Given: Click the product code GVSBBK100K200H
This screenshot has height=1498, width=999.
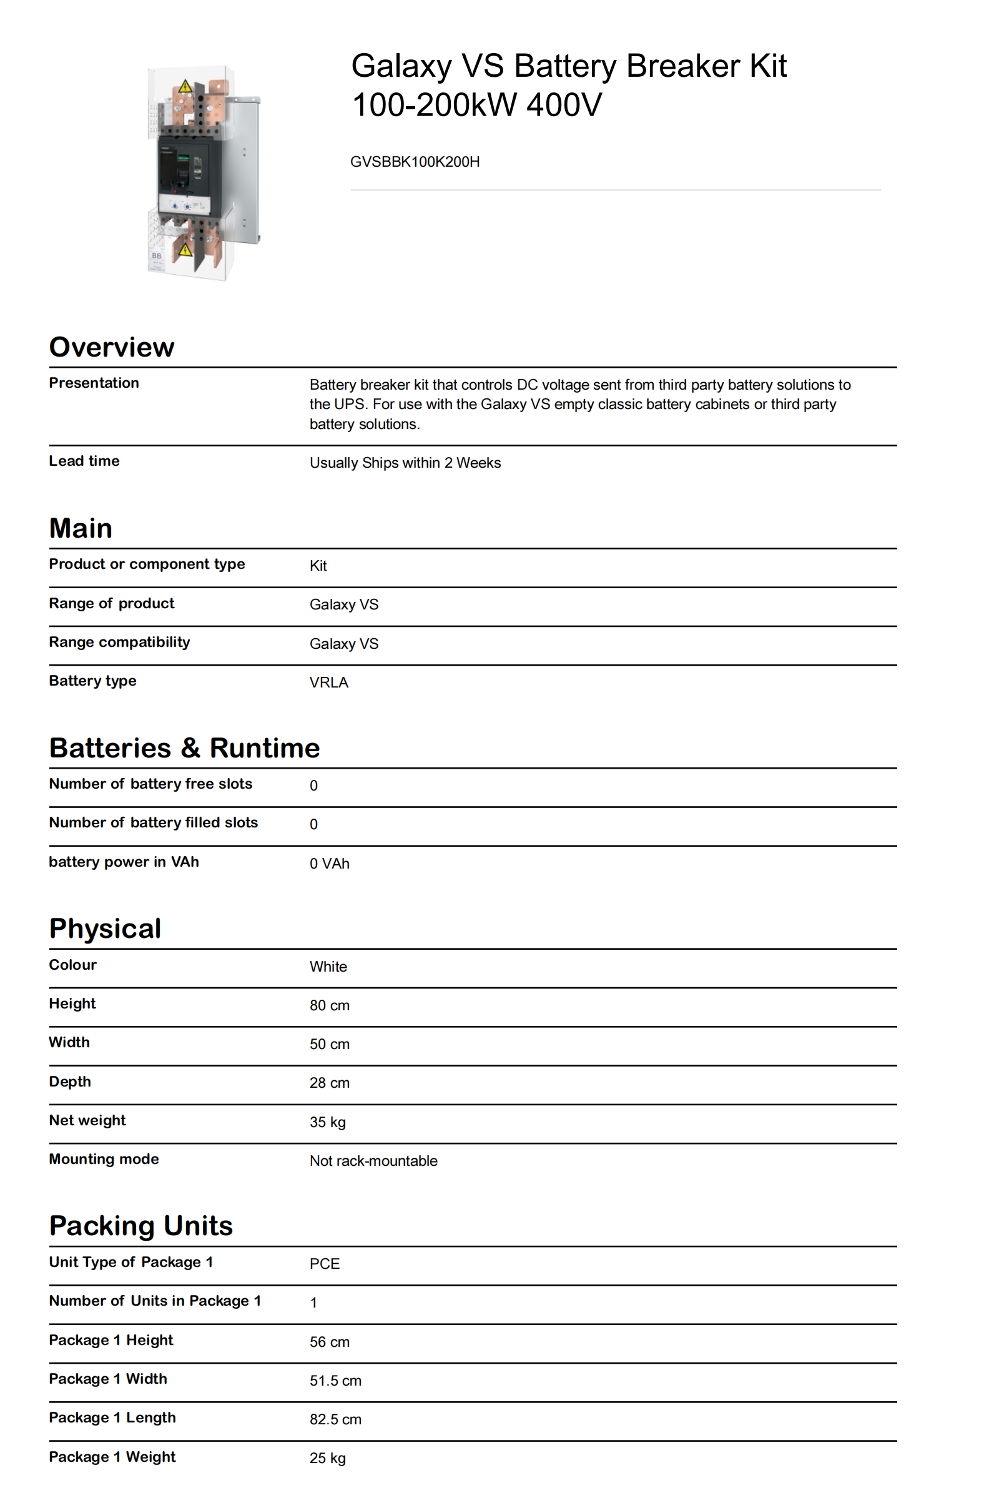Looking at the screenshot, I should click(x=415, y=162).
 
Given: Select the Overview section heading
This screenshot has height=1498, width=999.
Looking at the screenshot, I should click(x=112, y=347).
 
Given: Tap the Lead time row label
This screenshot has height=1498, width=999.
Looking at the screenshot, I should click(x=84, y=461).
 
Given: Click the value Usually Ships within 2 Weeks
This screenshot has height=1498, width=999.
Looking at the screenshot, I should click(x=405, y=463).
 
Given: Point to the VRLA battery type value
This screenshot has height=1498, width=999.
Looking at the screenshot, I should click(x=329, y=682).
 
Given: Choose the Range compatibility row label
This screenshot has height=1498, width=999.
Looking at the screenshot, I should click(x=119, y=642).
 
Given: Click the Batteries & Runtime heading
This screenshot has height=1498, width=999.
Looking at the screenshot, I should click(x=184, y=748).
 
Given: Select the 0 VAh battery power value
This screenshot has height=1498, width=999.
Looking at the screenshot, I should click(x=330, y=864).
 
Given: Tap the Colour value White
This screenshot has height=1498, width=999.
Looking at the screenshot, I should click(x=328, y=967).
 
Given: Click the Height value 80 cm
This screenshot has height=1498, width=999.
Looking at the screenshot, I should click(x=330, y=1005).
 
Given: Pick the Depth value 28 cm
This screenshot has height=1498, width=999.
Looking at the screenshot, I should click(x=330, y=1083).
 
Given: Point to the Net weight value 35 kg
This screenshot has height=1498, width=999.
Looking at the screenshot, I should click(x=327, y=1122).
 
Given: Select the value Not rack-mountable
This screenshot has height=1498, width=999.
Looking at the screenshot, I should click(x=373, y=1161).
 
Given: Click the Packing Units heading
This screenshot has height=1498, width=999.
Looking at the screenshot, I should click(x=141, y=1226).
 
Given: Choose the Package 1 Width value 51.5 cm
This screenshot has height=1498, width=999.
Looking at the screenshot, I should click(x=335, y=1381).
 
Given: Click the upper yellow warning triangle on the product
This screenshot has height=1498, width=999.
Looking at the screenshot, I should click(x=185, y=87).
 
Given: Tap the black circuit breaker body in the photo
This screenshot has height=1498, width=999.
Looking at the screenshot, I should click(x=185, y=169).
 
